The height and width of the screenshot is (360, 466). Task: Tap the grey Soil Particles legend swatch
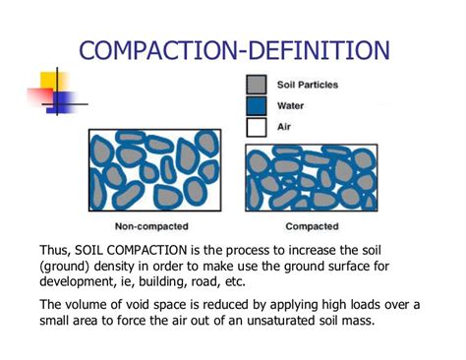(x=257, y=86)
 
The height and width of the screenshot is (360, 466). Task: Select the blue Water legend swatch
(x=257, y=105)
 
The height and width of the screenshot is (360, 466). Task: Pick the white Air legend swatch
(x=257, y=126)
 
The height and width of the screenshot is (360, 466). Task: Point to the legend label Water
(x=290, y=105)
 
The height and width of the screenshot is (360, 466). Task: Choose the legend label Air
(x=283, y=126)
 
